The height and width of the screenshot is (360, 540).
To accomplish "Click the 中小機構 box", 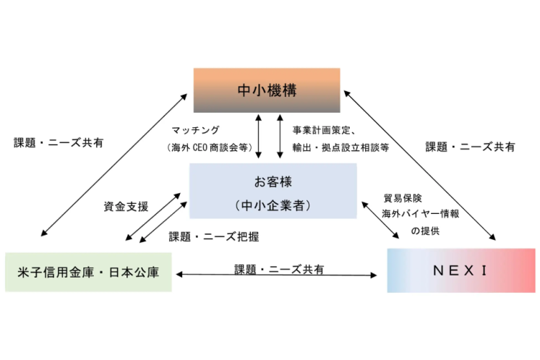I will click(267, 90).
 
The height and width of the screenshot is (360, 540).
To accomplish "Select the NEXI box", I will click(460, 270).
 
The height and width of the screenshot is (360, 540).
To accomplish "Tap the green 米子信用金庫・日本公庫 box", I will click(88, 272).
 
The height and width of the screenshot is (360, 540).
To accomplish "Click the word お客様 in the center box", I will click(273, 179).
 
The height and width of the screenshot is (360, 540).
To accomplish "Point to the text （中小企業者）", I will click(273, 205).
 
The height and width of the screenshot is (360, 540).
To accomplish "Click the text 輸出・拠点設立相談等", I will click(340, 147).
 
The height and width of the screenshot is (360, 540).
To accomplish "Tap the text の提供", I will click(425, 231).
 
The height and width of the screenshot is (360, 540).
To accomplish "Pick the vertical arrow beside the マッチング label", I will click(260, 134).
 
